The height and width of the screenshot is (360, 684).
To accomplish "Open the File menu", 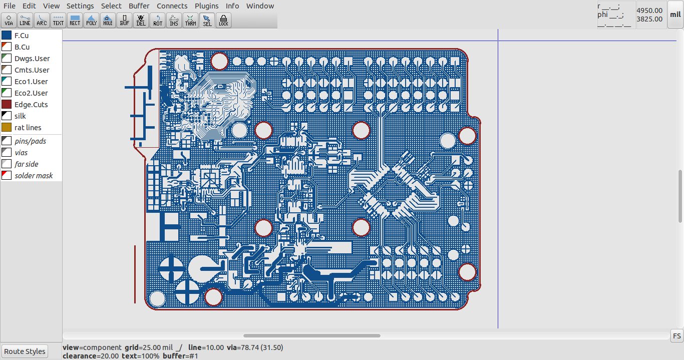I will point(9,6).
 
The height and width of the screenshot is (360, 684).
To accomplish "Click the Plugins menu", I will point(206,6).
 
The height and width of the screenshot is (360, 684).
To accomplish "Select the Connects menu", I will point(172,6).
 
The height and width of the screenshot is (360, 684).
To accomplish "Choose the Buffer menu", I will point(139,6).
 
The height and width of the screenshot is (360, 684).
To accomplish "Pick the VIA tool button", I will point(9,20).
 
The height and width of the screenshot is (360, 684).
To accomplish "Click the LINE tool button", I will point(25,20).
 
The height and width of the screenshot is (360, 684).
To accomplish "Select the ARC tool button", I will point(42,20).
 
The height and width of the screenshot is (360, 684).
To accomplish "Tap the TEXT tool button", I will point(58,20).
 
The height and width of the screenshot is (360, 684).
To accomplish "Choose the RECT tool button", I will point(75,20).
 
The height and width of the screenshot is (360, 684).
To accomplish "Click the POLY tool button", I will point(91,20).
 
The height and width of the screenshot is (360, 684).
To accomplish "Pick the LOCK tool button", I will point(223,20).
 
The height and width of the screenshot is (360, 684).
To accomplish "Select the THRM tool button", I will point(190,20).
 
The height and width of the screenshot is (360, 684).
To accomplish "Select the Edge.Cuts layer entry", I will point(31,105).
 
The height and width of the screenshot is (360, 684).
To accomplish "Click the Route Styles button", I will point(25,351).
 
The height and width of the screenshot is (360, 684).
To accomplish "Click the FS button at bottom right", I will point(676,336).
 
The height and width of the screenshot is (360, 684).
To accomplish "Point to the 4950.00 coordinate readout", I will point(649,11).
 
